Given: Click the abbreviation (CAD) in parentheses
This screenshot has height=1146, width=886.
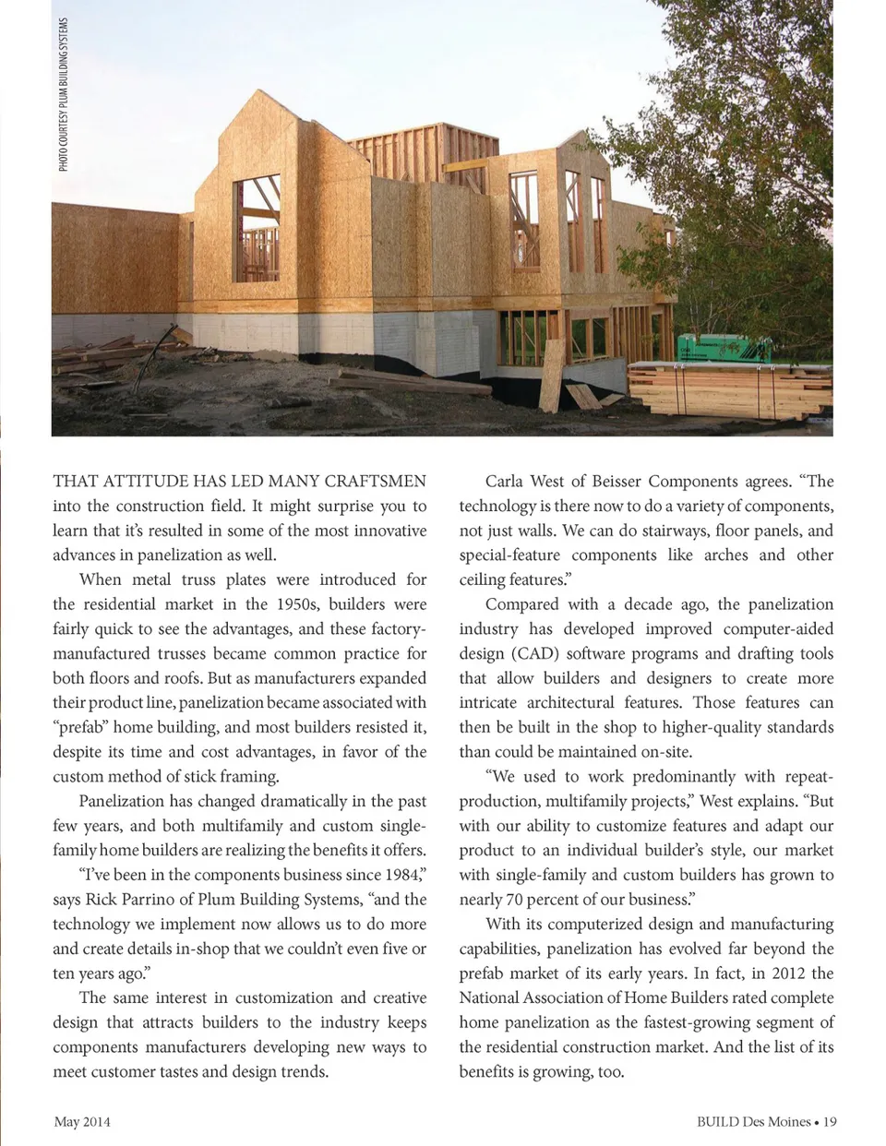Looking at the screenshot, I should (532, 653).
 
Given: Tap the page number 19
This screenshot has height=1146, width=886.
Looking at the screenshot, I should (830, 1122).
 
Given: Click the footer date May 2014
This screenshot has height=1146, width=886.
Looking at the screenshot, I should (82, 1122).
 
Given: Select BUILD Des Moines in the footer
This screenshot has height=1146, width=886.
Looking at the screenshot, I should (753, 1122).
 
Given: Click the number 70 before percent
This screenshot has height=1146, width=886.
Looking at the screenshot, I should (516, 900).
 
